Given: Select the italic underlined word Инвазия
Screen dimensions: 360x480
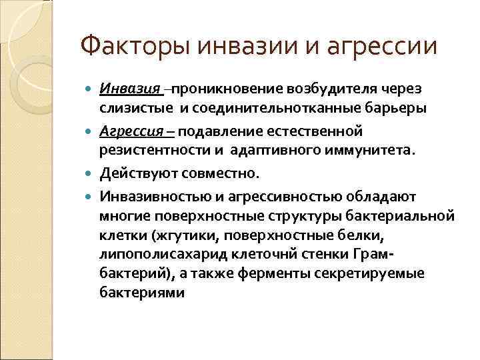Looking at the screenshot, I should (129, 89).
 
